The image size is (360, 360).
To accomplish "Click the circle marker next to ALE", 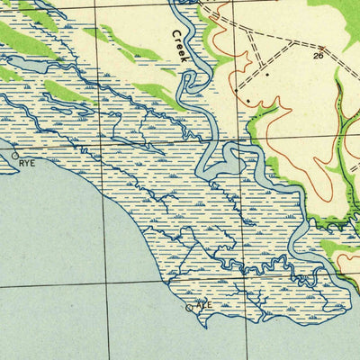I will (189, 308).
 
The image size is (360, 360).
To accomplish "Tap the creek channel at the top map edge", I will (180, 4).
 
